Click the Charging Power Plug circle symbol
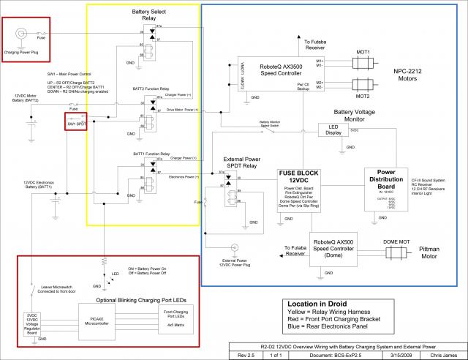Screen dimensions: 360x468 pyautogui.click(x=21, y=34)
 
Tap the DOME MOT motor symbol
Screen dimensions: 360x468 pyautogui.click(x=399, y=247)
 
